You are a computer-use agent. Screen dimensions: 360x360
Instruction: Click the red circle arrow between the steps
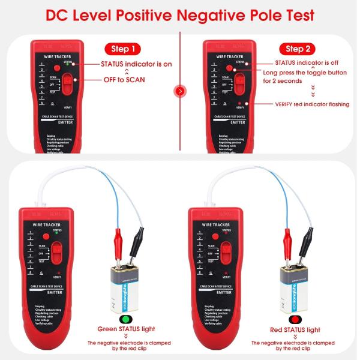179,91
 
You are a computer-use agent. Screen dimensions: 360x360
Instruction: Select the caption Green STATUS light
126,330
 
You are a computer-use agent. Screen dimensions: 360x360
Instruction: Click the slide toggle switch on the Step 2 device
241,84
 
